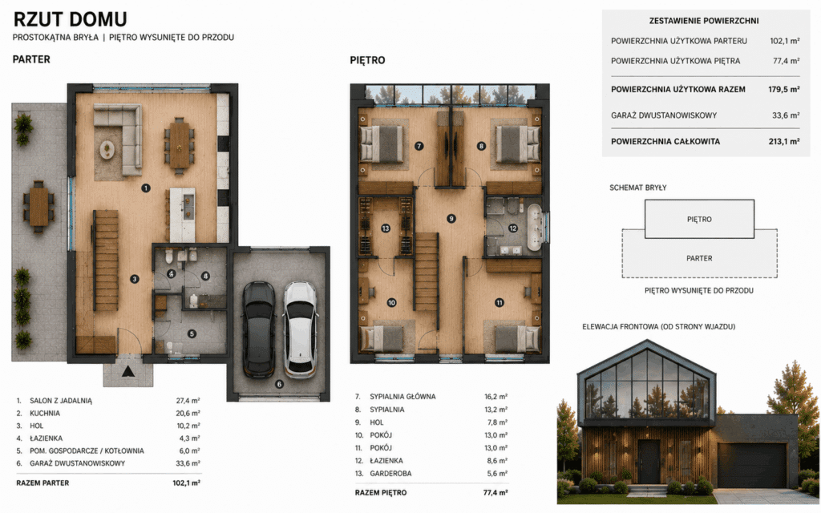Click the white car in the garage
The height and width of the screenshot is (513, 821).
click(301, 329)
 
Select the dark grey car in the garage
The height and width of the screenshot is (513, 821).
click(259, 329)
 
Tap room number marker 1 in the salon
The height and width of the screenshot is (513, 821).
click(146, 188)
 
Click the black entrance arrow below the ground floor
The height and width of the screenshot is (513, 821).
click(128, 371)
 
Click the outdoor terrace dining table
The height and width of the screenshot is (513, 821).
click(38, 206)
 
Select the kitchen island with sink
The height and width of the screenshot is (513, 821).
click(182, 215)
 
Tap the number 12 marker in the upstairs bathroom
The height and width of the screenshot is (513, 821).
click(512, 228)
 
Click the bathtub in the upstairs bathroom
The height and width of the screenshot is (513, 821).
click(535, 227)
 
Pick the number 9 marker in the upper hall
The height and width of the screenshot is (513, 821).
click(451, 219)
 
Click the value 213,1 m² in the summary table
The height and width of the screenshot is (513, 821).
click(784, 141)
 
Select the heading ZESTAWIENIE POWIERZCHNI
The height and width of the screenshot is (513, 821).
click(704, 21)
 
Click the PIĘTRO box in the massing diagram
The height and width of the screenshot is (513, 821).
click(699, 220)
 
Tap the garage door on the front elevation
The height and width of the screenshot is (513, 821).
click(752, 466)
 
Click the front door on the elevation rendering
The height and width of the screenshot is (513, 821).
click(649, 462)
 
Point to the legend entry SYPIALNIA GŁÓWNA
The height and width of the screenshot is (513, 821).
click(402, 397)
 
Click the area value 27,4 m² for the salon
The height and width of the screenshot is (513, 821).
click(188, 401)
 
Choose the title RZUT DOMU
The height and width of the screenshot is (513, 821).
click(71, 19)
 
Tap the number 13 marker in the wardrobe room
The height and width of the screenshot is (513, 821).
click(386, 228)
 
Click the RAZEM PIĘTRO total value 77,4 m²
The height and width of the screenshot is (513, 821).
click(495, 493)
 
